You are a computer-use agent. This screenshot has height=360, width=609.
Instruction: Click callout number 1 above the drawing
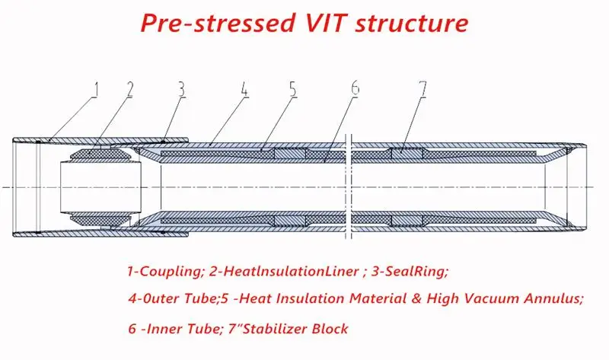click(96, 91)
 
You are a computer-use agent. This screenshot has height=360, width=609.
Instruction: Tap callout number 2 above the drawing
click(130, 90)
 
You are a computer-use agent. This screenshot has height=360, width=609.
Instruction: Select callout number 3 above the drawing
click(180, 90)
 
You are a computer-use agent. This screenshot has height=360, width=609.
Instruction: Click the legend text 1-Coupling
click(161, 270)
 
